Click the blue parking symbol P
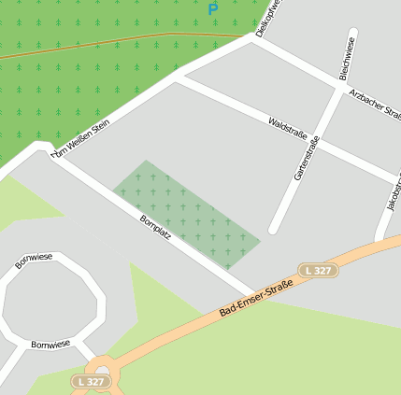[x=213, y=9]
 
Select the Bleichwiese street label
[x=348, y=59]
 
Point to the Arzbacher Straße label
[x=374, y=104]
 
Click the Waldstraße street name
[x=287, y=129]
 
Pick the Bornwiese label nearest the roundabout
[x=50, y=345]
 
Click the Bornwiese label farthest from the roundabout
[x=34, y=261]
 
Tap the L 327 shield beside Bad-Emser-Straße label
[x=318, y=270]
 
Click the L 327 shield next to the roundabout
[x=90, y=382]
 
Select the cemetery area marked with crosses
[x=187, y=215]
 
